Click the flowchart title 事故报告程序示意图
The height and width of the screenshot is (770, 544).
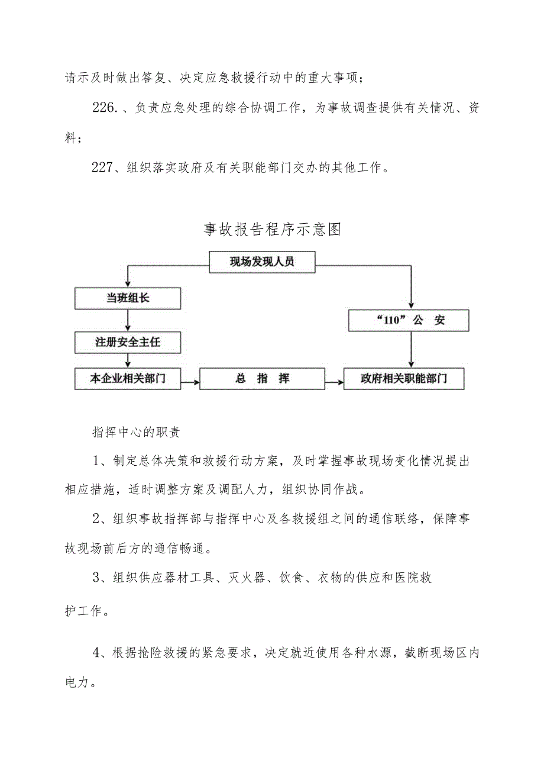click(x=272, y=230)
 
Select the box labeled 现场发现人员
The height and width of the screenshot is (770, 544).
click(x=262, y=262)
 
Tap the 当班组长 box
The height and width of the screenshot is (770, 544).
click(x=128, y=298)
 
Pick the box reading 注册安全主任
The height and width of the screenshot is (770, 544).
click(x=128, y=342)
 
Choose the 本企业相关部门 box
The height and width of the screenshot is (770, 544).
click(x=128, y=379)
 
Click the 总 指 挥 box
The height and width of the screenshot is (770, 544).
click(x=262, y=379)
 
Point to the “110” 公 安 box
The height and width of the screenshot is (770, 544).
click(x=409, y=320)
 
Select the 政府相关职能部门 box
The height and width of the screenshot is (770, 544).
click(x=404, y=379)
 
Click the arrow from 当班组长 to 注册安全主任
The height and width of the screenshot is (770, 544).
click(x=128, y=320)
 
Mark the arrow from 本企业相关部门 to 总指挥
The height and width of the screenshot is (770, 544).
click(x=190, y=383)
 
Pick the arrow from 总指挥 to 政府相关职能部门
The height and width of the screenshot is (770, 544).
click(x=334, y=383)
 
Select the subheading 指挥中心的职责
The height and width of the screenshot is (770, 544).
click(x=136, y=431)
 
